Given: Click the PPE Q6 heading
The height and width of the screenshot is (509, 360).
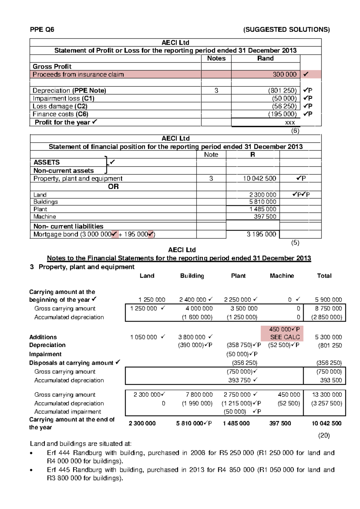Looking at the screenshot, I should click(x=42, y=29).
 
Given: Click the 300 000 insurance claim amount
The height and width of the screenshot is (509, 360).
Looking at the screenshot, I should click(x=284, y=74).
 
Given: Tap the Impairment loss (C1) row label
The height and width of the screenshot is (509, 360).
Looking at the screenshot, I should click(x=63, y=98).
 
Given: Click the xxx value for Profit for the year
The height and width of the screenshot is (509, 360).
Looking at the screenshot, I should click(x=290, y=122).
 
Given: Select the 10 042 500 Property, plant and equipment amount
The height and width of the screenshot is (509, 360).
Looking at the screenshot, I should click(x=259, y=179).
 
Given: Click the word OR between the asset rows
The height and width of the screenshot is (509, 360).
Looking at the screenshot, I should click(x=113, y=187).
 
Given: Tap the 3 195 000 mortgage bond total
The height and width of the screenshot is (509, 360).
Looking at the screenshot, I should click(x=261, y=234).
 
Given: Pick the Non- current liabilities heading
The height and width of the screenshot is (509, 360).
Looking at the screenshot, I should click(x=68, y=226).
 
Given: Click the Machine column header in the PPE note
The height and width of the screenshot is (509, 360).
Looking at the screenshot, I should click(x=282, y=276).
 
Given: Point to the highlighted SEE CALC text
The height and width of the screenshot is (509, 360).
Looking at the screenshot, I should click(x=285, y=337).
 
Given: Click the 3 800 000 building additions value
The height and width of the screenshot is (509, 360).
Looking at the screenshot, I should click(x=192, y=337).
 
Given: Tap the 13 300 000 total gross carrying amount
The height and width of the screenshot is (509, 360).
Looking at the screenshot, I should click(x=327, y=395).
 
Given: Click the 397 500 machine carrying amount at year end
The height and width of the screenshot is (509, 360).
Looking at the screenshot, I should click(x=280, y=423).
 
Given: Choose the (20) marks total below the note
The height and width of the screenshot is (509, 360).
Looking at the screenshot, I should click(x=324, y=435).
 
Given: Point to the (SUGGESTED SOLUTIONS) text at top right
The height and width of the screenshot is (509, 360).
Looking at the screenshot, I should click(x=286, y=29).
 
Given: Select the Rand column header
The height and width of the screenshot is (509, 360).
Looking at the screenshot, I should click(x=265, y=59).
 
